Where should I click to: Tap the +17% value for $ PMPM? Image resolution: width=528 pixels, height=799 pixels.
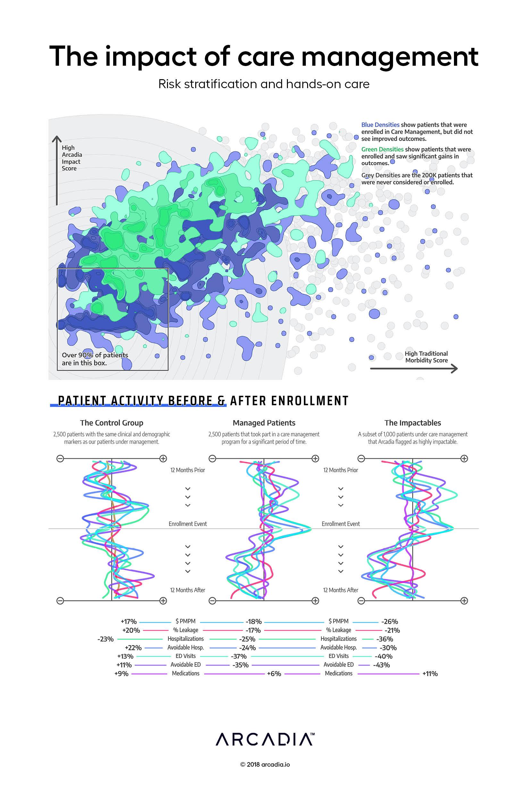(x=129, y=621)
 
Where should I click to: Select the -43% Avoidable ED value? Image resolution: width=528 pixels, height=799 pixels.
(x=381, y=665)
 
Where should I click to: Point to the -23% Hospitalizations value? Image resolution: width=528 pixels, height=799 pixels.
(x=105, y=639)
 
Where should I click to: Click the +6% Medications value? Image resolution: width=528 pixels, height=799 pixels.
(x=274, y=673)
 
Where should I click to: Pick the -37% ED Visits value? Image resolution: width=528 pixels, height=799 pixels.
(x=239, y=656)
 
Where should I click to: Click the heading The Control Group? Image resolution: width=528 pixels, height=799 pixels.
(x=112, y=423)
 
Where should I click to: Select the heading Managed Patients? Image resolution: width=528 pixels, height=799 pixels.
(x=264, y=423)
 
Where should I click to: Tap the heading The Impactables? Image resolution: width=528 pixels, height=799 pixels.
(x=413, y=423)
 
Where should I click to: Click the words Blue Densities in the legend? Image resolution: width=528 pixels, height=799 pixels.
(x=380, y=125)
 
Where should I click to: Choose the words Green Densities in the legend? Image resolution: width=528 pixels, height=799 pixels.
(x=382, y=149)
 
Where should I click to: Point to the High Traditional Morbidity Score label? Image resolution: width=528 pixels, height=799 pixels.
(x=426, y=357)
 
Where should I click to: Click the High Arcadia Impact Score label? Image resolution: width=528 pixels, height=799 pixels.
(x=71, y=158)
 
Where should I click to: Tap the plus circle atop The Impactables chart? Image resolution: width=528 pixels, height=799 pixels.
(x=464, y=458)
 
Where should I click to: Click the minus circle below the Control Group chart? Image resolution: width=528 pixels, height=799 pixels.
(x=60, y=600)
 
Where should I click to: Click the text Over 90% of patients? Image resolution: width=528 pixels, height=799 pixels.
(x=95, y=355)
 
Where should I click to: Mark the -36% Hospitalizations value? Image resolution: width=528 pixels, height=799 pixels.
(x=385, y=639)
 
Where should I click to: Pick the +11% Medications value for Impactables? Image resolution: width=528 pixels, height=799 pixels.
(x=430, y=673)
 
